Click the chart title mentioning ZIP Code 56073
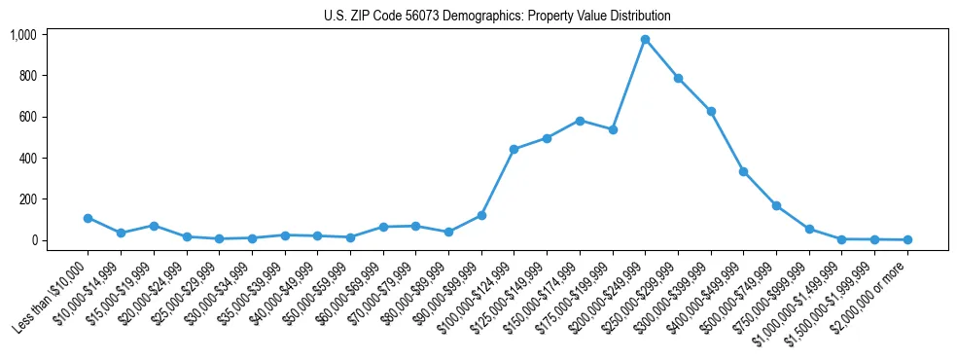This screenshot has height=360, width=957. pyautogui.click(x=497, y=17)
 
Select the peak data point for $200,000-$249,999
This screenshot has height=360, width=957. pyautogui.click(x=645, y=40)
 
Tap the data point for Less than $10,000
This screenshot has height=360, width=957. pyautogui.click(x=88, y=218)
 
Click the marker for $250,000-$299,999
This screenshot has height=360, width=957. pyautogui.click(x=678, y=79)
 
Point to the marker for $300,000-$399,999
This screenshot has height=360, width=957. pyautogui.click(x=711, y=112)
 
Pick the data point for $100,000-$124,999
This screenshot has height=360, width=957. pyautogui.click(x=514, y=149)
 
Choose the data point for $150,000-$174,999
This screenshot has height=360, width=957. pyautogui.click(x=580, y=121)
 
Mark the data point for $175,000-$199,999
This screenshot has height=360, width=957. pyautogui.click(x=613, y=129)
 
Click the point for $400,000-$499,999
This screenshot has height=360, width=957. pyautogui.click(x=743, y=171)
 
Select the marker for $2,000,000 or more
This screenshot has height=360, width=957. pyautogui.click(x=907, y=239)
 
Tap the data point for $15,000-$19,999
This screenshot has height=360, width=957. pyautogui.click(x=154, y=226)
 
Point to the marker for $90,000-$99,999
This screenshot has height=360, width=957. pyautogui.click(x=481, y=215)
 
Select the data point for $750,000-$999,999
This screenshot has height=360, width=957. pyautogui.click(x=809, y=230)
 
